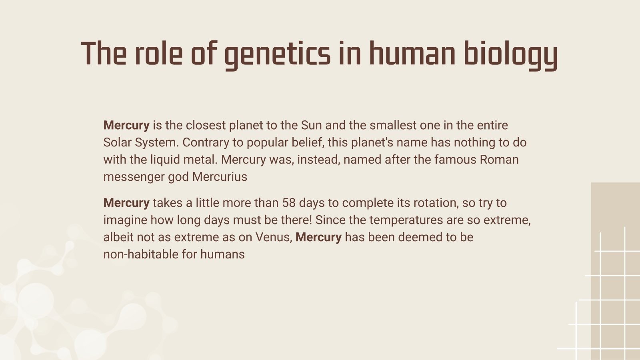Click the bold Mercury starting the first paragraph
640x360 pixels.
click(126, 126)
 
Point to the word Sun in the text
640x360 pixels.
click(311, 126)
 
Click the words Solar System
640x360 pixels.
click(140, 143)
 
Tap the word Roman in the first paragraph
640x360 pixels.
click(499, 160)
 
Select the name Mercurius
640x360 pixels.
click(220, 177)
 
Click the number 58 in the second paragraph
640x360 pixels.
click(288, 203)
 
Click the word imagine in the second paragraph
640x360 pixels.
click(125, 220)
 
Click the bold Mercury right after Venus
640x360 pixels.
click(318, 238)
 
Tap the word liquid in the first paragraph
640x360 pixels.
click(165, 160)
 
